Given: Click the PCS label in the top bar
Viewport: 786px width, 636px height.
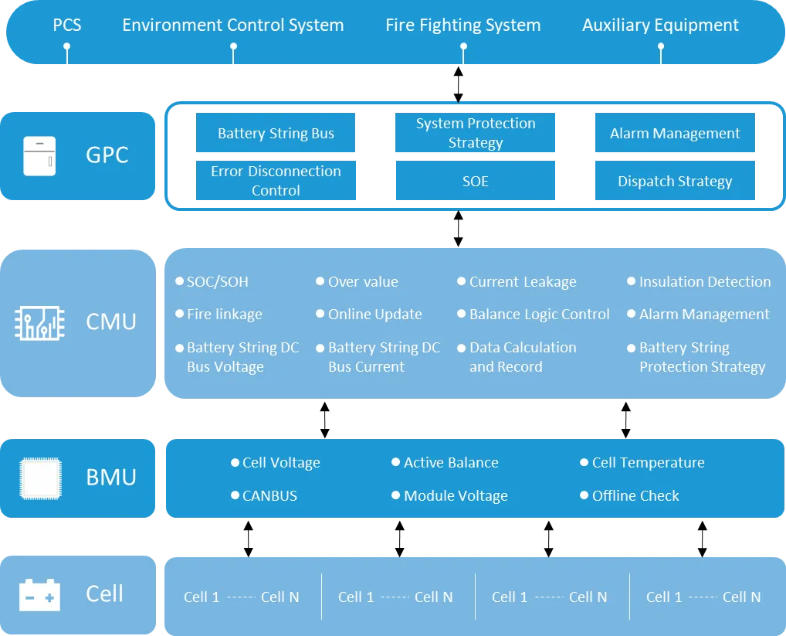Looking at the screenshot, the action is click(67, 25).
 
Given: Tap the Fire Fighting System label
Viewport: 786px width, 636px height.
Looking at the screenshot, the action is click(463, 25).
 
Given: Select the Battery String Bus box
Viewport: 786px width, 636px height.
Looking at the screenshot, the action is click(276, 132).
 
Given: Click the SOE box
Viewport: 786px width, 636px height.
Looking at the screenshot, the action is click(475, 181).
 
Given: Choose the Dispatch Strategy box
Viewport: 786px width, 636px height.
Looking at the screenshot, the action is click(675, 181).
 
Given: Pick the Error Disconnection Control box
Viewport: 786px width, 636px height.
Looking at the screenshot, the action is click(276, 181).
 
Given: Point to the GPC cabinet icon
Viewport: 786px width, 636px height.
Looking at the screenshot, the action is click(39, 156).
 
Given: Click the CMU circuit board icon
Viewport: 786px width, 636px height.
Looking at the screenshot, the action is click(39, 323).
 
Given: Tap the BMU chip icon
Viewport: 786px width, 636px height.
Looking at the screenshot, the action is click(41, 478).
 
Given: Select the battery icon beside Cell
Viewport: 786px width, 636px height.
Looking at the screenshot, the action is click(39, 595).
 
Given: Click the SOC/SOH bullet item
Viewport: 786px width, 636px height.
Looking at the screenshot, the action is click(212, 282).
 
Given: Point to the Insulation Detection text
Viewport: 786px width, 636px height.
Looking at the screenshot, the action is click(705, 282).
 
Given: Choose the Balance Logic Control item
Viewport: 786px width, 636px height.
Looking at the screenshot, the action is click(534, 315).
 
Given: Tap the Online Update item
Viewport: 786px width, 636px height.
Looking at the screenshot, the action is click(369, 315).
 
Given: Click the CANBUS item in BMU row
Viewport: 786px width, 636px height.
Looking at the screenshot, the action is click(264, 495).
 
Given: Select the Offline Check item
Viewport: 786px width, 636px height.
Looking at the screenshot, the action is click(629, 495).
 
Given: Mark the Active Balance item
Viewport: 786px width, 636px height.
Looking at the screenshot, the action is click(446, 462).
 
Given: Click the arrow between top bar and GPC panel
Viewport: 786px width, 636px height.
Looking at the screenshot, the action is click(458, 84).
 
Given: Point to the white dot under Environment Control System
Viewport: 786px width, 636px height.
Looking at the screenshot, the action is click(234, 46).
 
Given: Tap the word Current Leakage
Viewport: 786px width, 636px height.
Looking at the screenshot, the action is click(523, 282).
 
